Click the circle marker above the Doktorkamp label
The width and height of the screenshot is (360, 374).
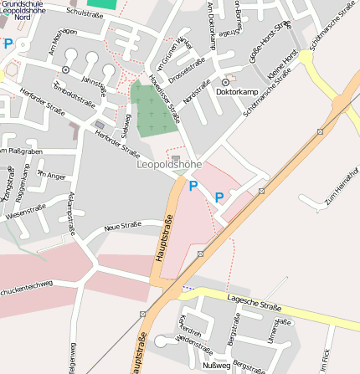click(224, 81)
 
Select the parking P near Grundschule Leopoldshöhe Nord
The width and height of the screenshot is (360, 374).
click(8, 44)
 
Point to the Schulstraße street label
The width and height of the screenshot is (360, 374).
click(84, 14)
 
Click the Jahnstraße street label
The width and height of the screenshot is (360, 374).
click(95, 84)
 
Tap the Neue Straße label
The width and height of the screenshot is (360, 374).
click(123, 227)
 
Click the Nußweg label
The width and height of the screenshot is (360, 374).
click(216, 366)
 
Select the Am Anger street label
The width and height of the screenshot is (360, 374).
click(51, 175)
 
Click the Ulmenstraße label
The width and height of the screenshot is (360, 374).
click(272, 329)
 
